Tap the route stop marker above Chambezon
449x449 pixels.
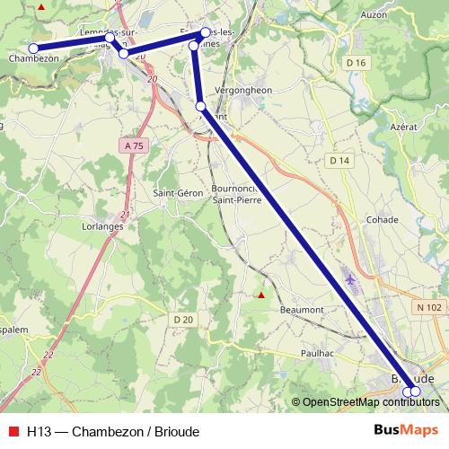click(x=33, y=48)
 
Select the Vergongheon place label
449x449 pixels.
click(x=244, y=90)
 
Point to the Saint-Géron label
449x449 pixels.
click(x=176, y=192)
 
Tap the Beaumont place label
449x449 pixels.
click(x=302, y=309)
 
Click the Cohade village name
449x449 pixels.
click(x=383, y=219)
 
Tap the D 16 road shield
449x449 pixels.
click(x=356, y=62)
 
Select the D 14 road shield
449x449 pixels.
click(x=338, y=160)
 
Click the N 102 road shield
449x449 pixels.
click(x=428, y=307)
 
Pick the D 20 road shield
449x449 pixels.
click(x=183, y=320)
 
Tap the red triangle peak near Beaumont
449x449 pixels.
click(x=260, y=295)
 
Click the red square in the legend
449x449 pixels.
click(x=14, y=430)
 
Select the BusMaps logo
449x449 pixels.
click(x=405, y=429)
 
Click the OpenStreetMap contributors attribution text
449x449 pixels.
click(x=370, y=402)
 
